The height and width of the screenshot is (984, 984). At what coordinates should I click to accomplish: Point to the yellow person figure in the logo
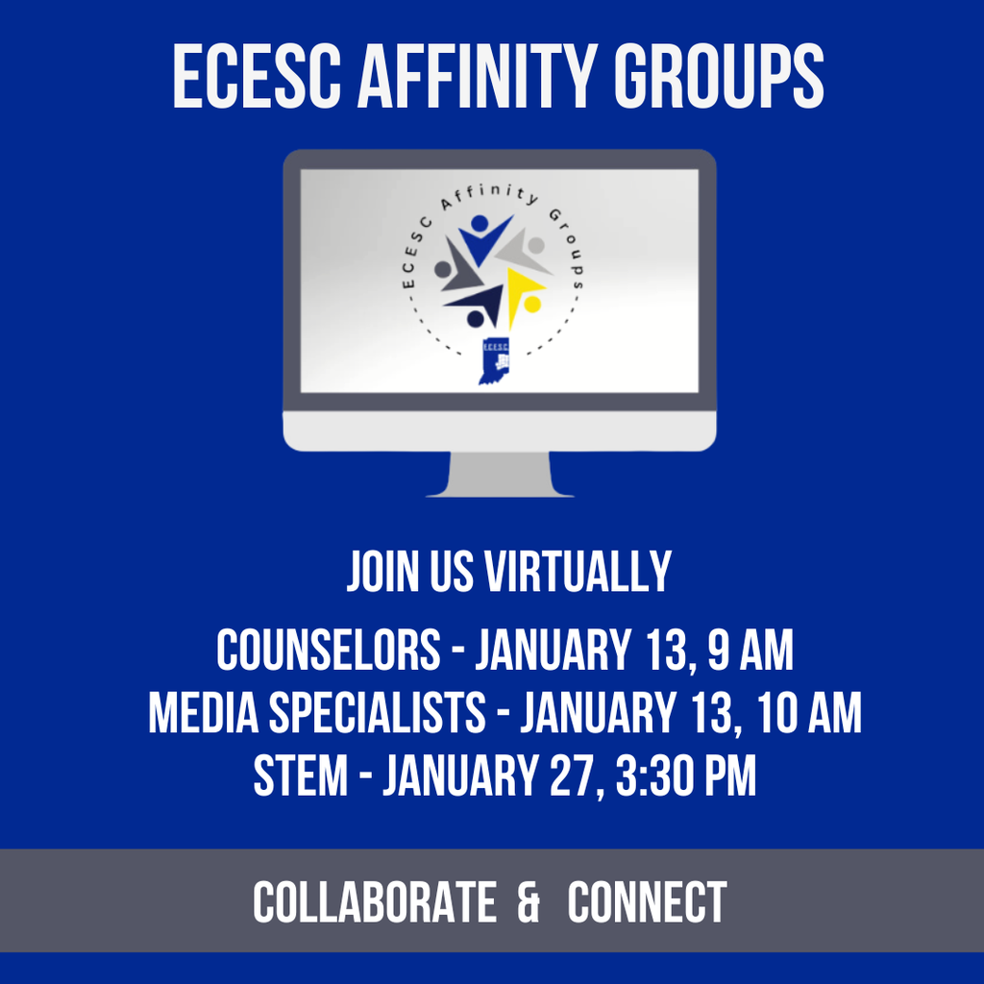[524, 294]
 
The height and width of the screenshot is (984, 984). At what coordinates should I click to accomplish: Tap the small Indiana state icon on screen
[494, 361]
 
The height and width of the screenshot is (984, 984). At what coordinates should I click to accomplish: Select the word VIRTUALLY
[577, 572]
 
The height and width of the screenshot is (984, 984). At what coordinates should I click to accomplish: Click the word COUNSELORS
[328, 651]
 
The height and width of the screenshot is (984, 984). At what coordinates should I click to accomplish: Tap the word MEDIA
[203, 714]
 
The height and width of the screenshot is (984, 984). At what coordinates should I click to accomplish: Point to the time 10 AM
[808, 714]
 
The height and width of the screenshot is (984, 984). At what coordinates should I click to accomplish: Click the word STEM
[300, 776]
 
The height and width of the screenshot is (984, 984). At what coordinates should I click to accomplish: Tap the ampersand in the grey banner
[528, 902]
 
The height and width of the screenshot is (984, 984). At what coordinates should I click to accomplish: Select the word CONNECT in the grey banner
[647, 902]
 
